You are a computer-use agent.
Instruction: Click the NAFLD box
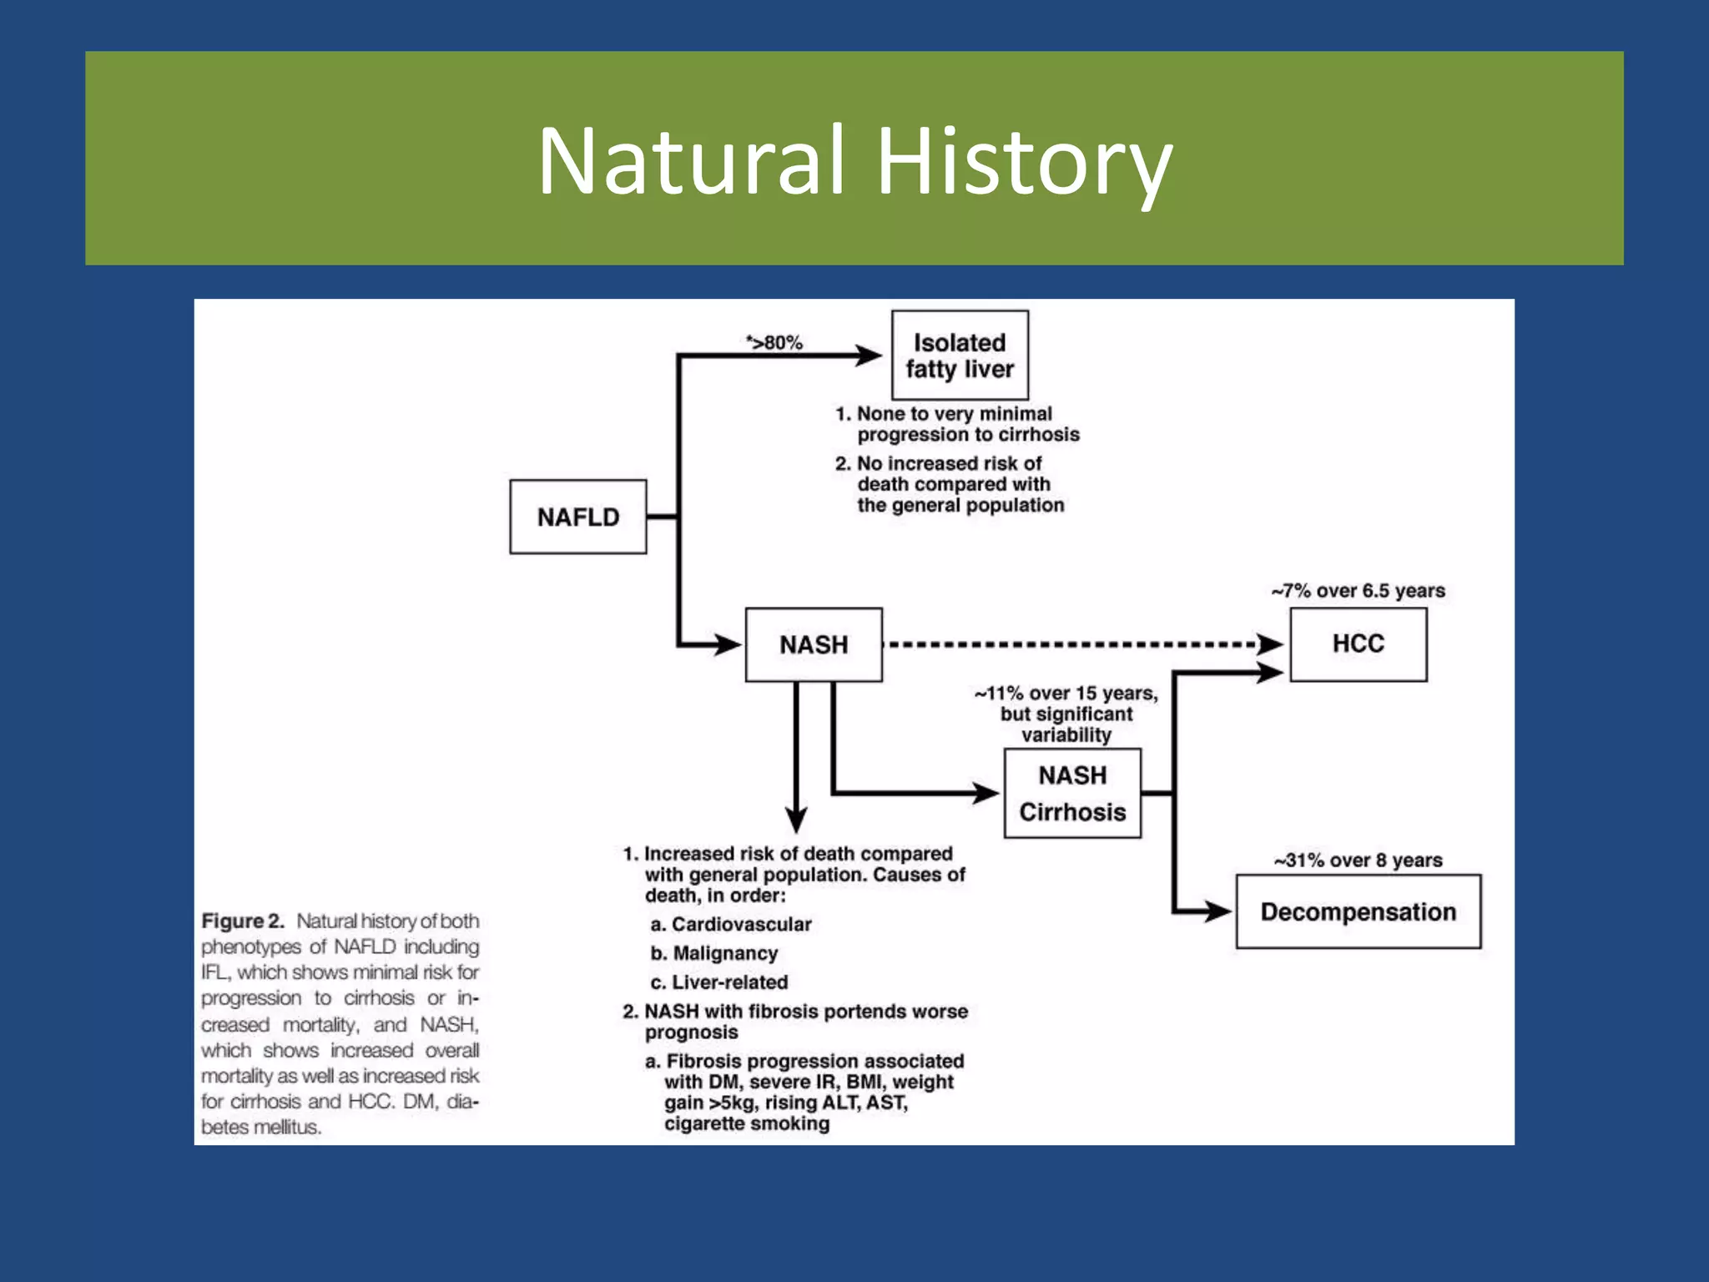pos(577,517)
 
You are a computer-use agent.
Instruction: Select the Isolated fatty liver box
pos(960,356)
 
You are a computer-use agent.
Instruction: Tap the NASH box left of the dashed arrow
pos(814,644)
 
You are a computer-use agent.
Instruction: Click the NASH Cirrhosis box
pos(1072,794)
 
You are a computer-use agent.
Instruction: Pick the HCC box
pos(1358,644)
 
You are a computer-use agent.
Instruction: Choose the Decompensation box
pos(1358,911)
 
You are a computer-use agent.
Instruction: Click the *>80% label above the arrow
pos(774,342)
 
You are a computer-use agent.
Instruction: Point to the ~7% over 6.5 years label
pos(1358,591)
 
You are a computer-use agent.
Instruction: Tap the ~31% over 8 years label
pos(1358,861)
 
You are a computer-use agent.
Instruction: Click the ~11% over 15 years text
pos(1066,694)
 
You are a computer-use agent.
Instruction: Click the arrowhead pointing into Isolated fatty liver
pos(868,356)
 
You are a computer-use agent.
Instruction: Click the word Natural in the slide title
pos(691,160)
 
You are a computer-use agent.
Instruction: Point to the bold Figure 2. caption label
pos(243,921)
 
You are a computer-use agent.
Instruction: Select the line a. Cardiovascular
pos(731,924)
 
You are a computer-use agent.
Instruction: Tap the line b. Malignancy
pos(714,953)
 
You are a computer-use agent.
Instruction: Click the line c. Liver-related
pos(719,982)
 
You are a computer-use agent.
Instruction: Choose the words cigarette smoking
pos(747,1123)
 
